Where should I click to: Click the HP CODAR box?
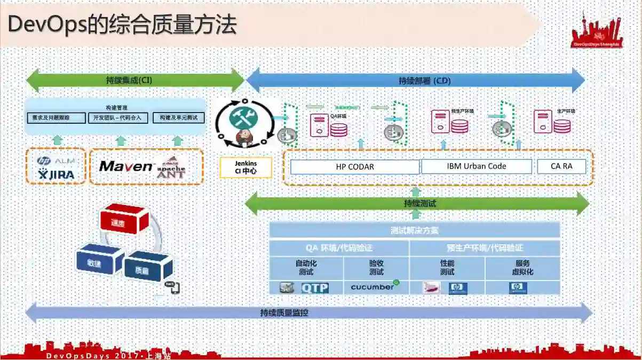[x=355, y=167]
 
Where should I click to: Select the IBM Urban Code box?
[x=477, y=166]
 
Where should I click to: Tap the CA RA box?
[x=561, y=166]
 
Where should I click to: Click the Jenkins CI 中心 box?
[x=245, y=167]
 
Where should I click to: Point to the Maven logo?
[x=126, y=166]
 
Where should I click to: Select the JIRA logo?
[x=56, y=174]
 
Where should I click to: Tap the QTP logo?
[x=315, y=288]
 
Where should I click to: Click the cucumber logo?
[x=374, y=287]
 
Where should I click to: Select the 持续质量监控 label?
[x=284, y=313]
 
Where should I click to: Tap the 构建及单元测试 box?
[x=178, y=117]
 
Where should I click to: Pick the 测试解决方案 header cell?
[x=415, y=230]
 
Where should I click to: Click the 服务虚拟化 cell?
[x=522, y=268]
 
